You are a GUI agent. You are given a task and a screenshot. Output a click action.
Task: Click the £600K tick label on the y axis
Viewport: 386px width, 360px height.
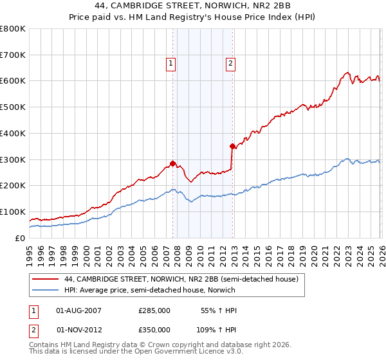(x=13, y=81)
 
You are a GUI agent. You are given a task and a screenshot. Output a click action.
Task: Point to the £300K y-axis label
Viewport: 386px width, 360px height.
(x=13, y=159)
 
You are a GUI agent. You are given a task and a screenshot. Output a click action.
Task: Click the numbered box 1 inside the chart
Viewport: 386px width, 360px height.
(x=171, y=63)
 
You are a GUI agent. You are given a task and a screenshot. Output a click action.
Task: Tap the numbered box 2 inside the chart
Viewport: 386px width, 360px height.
(x=230, y=63)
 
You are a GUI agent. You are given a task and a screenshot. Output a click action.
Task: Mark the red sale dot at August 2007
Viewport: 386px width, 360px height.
(x=172, y=163)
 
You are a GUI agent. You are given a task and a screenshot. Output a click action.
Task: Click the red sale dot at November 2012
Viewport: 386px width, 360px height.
(x=232, y=146)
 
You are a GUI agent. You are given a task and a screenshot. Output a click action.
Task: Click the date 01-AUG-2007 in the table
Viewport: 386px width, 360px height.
(x=79, y=310)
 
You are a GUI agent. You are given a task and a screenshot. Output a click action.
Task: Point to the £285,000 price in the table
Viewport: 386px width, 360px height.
(x=154, y=310)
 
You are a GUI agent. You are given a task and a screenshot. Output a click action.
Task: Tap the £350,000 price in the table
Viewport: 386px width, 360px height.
(x=154, y=329)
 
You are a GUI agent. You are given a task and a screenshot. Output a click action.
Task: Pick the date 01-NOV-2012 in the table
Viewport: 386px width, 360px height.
(x=79, y=329)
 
